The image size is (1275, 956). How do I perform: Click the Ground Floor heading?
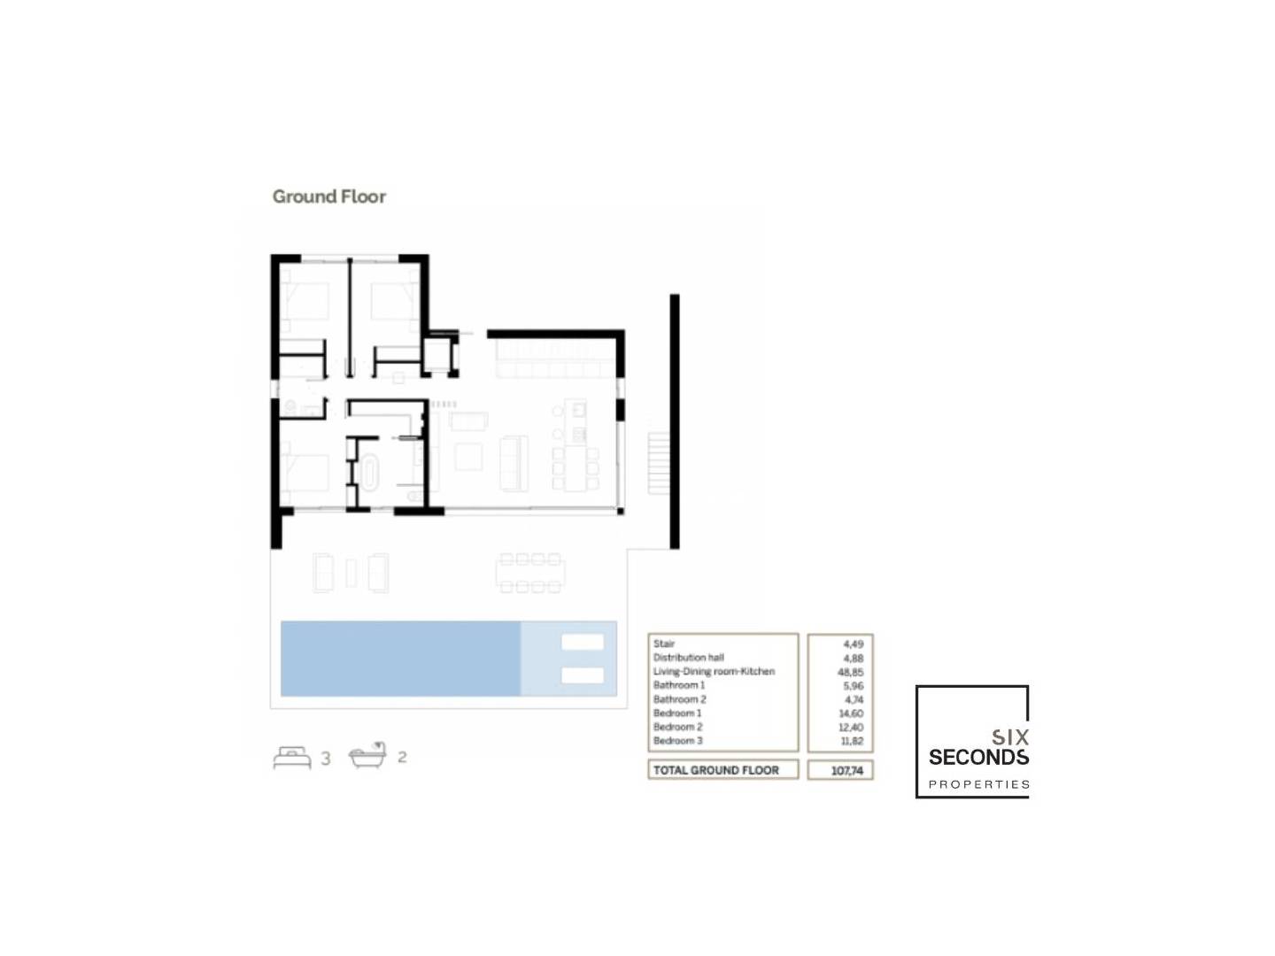coord(328,197)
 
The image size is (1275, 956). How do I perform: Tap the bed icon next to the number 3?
coord(292,757)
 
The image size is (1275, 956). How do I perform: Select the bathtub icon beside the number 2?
coord(367,754)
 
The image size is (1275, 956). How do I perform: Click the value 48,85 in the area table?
coord(850,672)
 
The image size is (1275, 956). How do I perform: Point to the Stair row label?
coord(664,644)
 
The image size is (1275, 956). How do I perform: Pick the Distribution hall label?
coord(688,658)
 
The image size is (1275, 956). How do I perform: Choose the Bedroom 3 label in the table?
coord(678,741)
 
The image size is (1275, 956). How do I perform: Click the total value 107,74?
coord(847,770)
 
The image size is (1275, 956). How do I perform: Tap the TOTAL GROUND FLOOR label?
coord(715,770)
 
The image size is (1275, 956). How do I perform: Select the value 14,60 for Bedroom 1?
coord(852,713)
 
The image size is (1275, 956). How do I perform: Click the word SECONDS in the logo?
coord(978,757)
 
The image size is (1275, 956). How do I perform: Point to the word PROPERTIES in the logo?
coord(978,785)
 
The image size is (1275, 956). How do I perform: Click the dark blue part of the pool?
coord(400,659)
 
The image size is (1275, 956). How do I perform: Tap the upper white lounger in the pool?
coord(582,642)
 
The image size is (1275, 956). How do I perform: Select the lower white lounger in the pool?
coord(582,675)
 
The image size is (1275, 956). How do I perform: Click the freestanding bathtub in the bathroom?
coord(369,471)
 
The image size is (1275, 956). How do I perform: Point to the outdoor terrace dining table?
coord(530,574)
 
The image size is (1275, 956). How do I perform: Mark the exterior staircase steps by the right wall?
coord(659,463)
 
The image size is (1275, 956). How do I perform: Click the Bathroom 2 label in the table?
coord(680,699)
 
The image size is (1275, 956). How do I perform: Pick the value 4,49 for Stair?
coord(854,644)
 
